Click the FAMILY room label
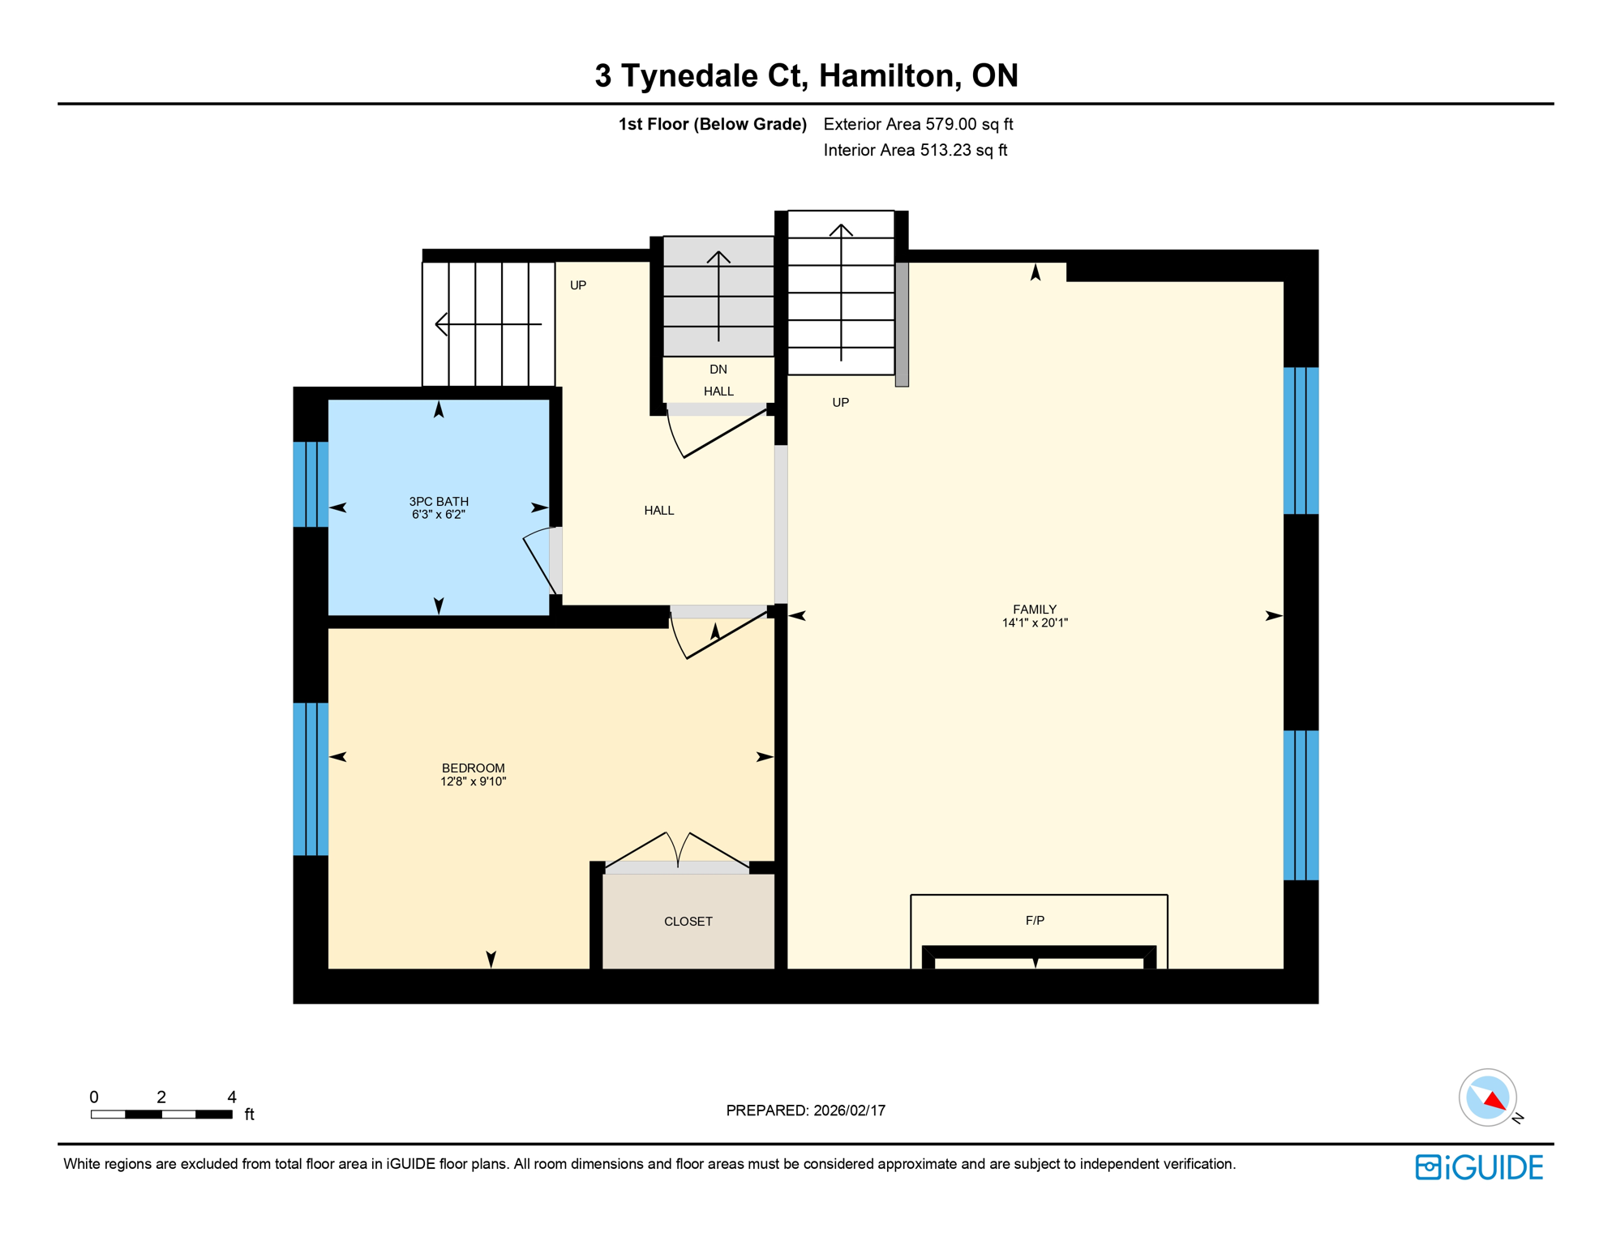pyautogui.click(x=1034, y=610)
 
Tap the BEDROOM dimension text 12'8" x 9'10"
pyautogui.click(x=473, y=781)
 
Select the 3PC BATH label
pyautogui.click(x=438, y=502)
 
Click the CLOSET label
pyautogui.click(x=688, y=922)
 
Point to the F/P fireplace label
pyautogui.click(x=1035, y=921)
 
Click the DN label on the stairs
pyautogui.click(x=718, y=370)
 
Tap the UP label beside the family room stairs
pyautogui.click(x=840, y=403)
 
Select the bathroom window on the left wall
pyautogui.click(x=311, y=484)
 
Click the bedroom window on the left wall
pyautogui.click(x=311, y=779)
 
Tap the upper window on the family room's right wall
pyautogui.click(x=1301, y=441)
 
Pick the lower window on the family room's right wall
pyautogui.click(x=1301, y=805)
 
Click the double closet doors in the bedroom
pyautogui.click(x=677, y=851)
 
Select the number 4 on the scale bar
pyautogui.click(x=232, y=1097)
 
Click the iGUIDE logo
pyautogui.click(x=1479, y=1168)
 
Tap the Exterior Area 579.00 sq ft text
pyautogui.click(x=918, y=124)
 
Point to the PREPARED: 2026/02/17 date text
pyautogui.click(x=805, y=1110)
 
